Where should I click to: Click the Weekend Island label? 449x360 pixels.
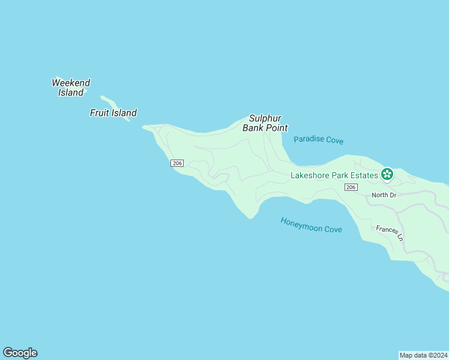pos(71,88)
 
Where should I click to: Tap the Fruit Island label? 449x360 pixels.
pos(113,113)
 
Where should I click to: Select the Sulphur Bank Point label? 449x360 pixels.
pos(265,123)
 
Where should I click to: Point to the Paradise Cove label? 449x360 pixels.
pos(318,140)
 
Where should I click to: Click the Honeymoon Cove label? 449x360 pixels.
pos(311,225)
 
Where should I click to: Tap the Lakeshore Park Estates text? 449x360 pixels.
pos(334,175)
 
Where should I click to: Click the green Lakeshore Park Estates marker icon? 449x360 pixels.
pos(387,175)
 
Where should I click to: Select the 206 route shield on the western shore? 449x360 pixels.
pos(176,163)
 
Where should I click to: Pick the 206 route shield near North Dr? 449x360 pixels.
pos(351,188)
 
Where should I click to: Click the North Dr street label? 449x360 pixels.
pos(384,195)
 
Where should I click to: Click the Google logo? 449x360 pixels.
pos(20,353)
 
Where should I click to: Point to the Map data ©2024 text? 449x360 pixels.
pos(423,355)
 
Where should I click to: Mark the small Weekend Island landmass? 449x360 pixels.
pos(85,91)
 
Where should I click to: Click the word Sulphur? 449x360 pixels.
pos(265,118)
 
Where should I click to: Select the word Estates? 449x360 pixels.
pos(363,175)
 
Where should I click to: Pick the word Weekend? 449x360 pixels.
pos(71,83)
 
